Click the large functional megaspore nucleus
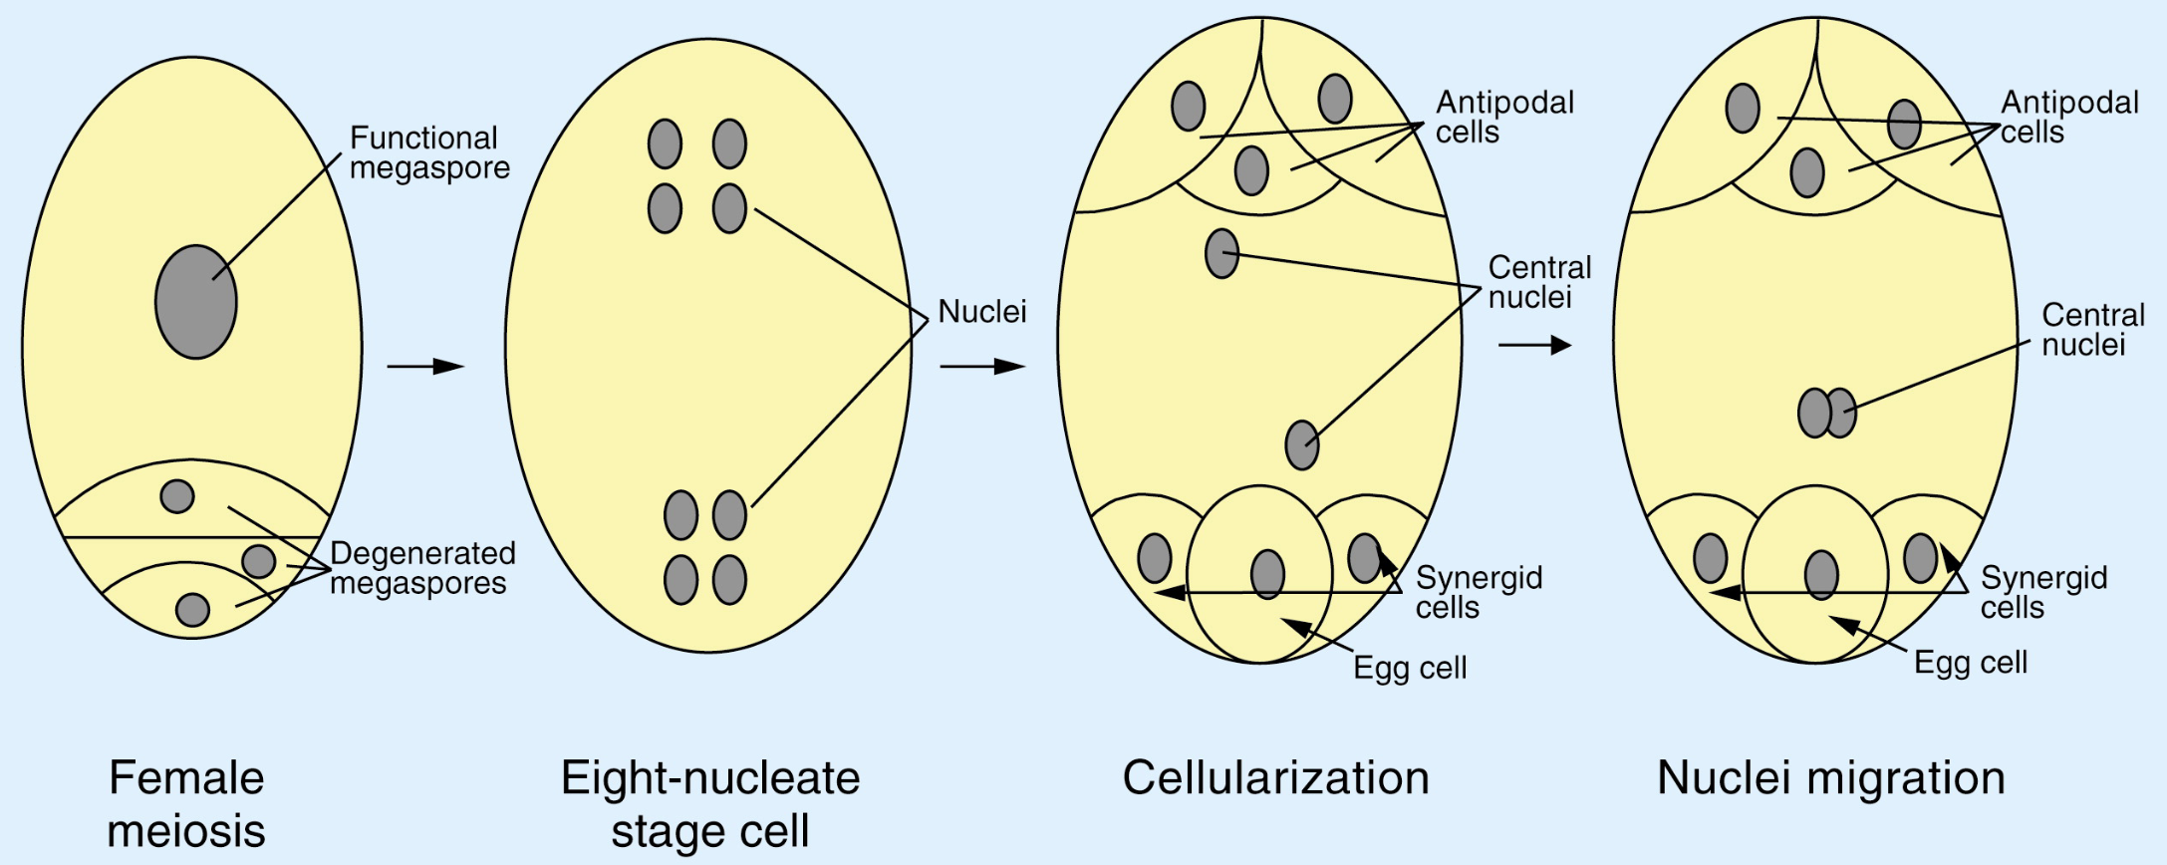196,302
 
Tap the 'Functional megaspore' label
429,152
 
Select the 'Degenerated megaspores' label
421,568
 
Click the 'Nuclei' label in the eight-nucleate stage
981,312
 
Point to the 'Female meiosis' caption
186,803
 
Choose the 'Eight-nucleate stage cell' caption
709,803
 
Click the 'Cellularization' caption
1275,777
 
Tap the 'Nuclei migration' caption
1830,777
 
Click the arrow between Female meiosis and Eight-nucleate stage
425,367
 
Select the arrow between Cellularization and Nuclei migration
1534,345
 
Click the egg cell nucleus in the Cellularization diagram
1267,574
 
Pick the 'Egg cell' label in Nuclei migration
1970,663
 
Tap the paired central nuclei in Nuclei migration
1826,413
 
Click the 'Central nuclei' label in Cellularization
1539,282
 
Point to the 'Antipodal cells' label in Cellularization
1504,117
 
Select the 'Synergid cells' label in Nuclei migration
2042,592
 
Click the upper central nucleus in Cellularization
1221,253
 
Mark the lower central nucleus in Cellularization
1302,444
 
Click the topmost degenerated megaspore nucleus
177,495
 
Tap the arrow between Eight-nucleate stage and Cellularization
981,367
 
